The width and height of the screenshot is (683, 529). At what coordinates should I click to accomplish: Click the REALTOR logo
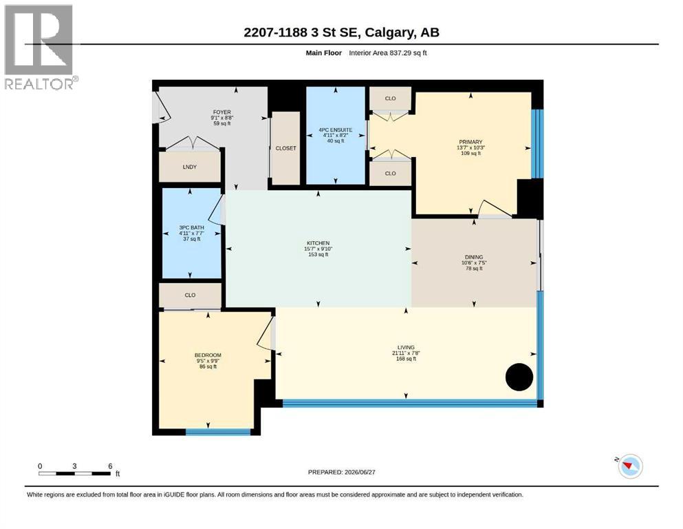(x=41, y=47)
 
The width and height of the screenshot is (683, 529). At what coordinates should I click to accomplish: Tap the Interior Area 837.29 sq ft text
(x=388, y=53)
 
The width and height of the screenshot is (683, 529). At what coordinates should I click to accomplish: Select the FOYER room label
(x=221, y=112)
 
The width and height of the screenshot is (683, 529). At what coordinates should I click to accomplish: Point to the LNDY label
(x=189, y=167)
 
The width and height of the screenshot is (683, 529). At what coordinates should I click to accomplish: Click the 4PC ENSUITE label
(x=336, y=130)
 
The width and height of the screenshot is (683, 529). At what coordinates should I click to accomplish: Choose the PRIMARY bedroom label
(x=470, y=142)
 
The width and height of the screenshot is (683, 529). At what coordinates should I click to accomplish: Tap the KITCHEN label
(x=318, y=243)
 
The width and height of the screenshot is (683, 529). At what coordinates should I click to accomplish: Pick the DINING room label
(x=473, y=258)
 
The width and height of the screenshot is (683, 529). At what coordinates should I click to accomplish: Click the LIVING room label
(x=406, y=348)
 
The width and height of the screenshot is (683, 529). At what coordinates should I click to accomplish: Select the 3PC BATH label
(x=191, y=227)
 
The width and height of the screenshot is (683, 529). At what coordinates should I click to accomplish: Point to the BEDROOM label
(x=208, y=355)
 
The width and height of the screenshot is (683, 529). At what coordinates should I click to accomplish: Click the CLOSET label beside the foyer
(x=285, y=148)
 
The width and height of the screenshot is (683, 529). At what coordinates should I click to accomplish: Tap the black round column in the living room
(x=519, y=377)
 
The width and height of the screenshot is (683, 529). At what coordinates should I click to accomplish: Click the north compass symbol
(x=629, y=466)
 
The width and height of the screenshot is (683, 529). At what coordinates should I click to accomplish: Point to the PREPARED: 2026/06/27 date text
(x=341, y=472)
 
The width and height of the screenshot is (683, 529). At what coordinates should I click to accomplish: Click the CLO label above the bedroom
(x=190, y=295)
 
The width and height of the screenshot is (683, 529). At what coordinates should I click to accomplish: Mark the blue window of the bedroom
(x=218, y=432)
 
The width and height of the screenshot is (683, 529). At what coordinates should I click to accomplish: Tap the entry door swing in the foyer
(x=162, y=106)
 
